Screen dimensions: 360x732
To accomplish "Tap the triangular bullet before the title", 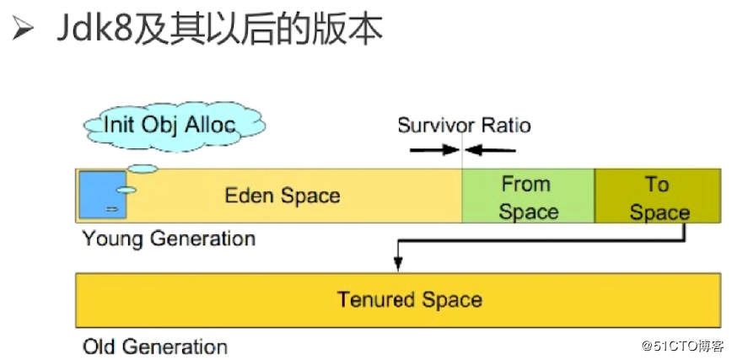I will (x=23, y=30).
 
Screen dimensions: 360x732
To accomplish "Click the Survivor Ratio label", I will (x=464, y=126).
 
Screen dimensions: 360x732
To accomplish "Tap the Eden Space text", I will (x=282, y=196).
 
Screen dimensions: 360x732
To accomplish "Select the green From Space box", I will (x=528, y=196).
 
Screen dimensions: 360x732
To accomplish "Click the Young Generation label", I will (x=169, y=239).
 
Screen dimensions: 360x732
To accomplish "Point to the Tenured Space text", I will (x=410, y=299).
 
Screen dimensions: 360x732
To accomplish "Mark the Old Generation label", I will (x=155, y=346).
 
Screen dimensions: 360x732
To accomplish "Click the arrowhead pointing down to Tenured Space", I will (x=396, y=266).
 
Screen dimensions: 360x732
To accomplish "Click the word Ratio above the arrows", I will (x=506, y=126).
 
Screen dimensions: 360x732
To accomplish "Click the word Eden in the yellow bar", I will (x=245, y=196).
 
